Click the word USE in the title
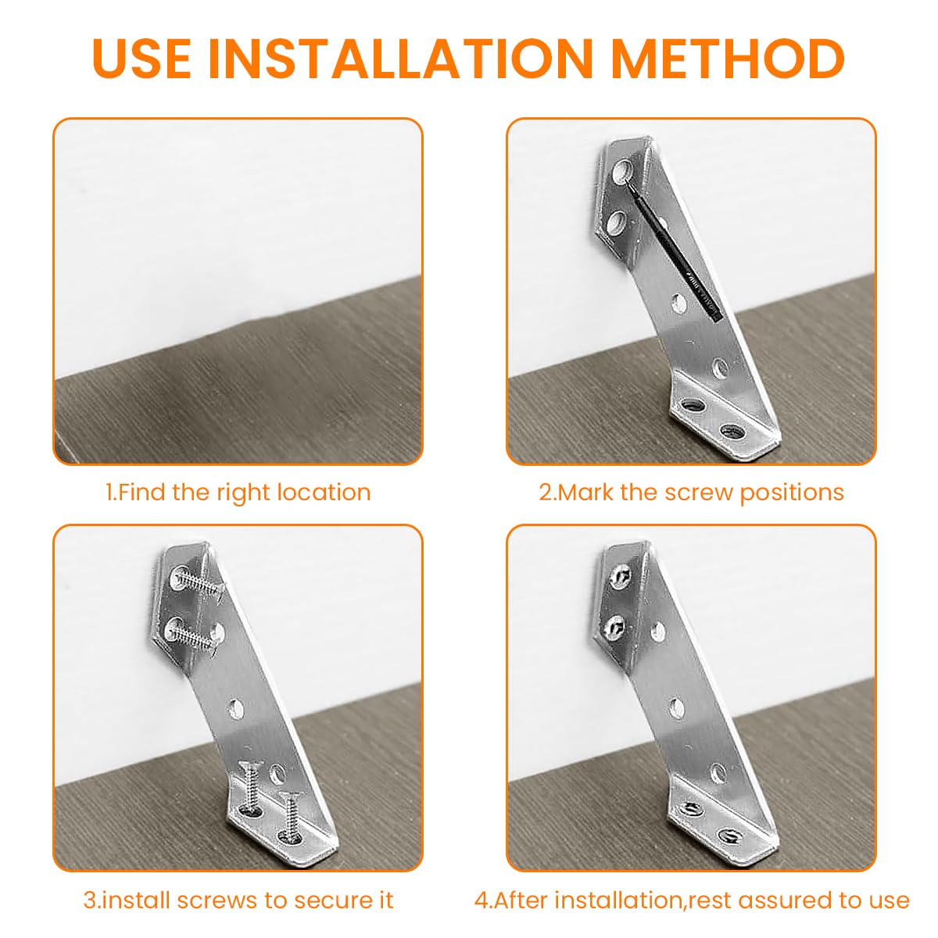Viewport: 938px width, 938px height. click(141, 57)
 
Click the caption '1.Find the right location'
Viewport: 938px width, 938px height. click(238, 492)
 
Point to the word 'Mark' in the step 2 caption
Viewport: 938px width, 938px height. click(587, 492)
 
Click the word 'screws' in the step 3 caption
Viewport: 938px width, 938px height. click(220, 900)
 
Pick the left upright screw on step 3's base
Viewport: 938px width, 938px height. click(250, 789)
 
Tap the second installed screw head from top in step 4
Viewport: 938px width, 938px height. click(615, 625)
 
